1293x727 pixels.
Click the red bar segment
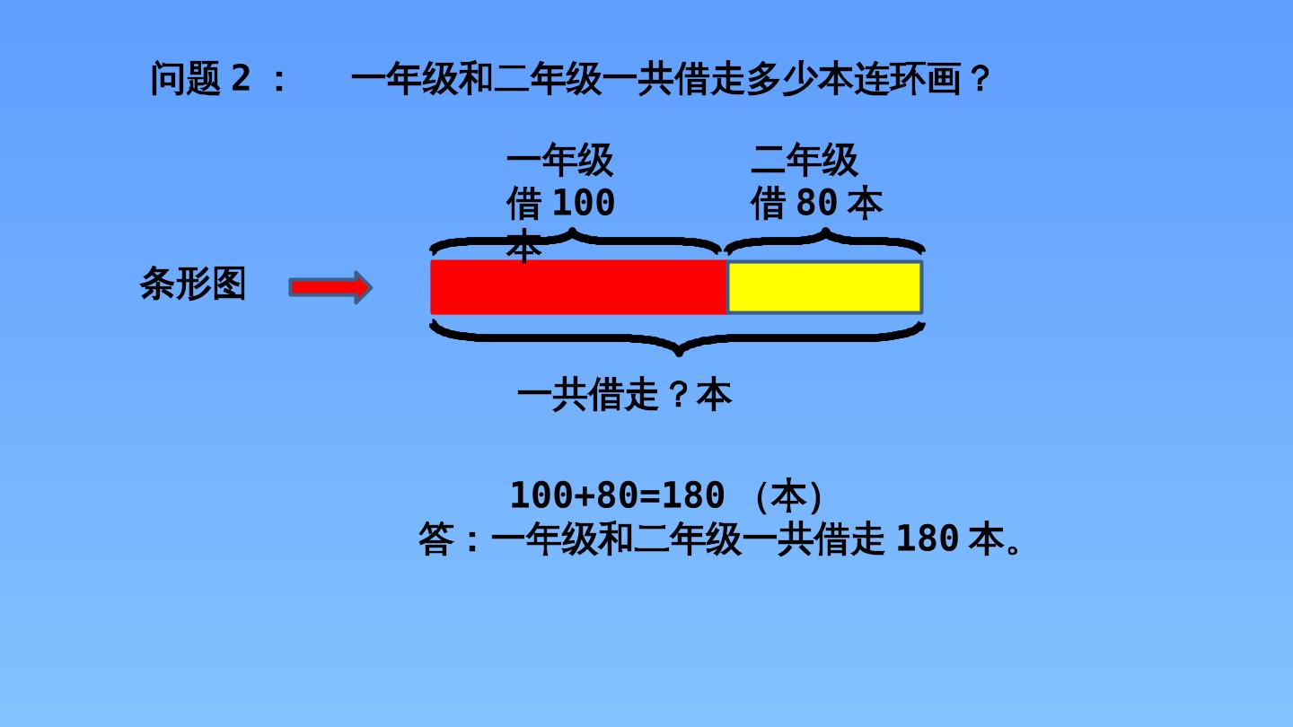coord(578,287)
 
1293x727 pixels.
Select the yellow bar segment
coord(824,287)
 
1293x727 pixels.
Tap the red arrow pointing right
coord(330,287)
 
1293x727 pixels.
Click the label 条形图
coord(193,284)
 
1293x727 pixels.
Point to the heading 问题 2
coord(200,78)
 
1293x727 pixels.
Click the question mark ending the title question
coord(981,79)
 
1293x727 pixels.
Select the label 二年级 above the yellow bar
coord(805,160)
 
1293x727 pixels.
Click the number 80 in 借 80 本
coord(816,203)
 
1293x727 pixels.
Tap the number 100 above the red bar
coord(585,203)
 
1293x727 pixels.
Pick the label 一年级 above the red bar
coord(560,160)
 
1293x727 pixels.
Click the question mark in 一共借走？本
coord(680,394)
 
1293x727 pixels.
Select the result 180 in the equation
coord(692,495)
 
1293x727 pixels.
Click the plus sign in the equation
coord(585,495)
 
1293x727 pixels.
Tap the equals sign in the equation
coord(649,495)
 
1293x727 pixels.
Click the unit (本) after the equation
coord(788,495)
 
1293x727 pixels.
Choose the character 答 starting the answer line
coord(436,539)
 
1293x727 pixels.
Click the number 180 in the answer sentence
coord(928,539)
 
